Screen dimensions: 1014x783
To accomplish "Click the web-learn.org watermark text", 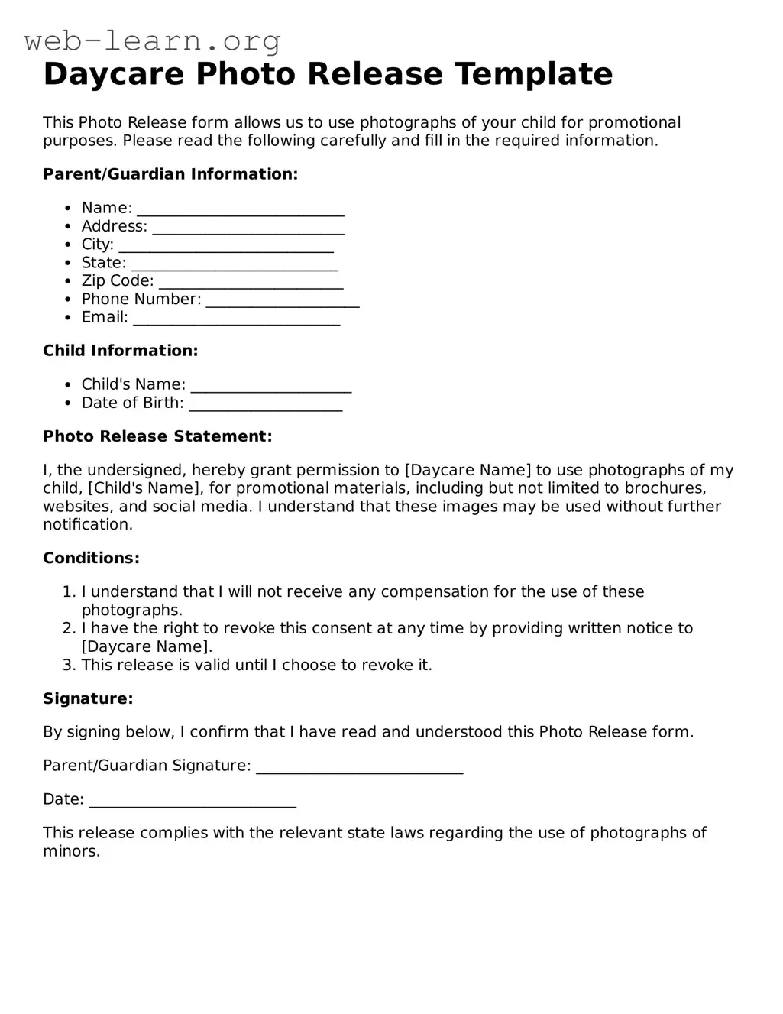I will coord(153,40).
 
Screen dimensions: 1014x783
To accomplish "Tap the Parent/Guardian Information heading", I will coord(170,174).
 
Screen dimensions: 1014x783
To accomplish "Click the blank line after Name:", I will coord(241,209).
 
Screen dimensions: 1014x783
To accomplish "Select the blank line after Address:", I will coord(248,228).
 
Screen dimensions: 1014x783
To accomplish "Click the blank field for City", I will coord(226,246).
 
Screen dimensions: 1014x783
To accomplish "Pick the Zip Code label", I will coord(118,281).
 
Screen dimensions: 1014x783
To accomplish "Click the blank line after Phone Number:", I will coord(283,300).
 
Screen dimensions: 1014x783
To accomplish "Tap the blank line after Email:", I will coord(237,319).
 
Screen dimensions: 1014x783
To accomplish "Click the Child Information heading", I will coord(121,351).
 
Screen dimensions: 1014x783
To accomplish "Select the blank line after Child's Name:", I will coord(271,386).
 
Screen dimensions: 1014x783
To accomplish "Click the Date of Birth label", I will coord(133,403).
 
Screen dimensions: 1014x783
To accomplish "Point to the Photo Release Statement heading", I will coord(157,436).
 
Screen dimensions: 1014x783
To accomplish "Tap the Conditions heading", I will coord(91,558).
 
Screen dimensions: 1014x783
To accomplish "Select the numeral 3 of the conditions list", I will coord(69,665).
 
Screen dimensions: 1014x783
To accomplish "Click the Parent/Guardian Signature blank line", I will coord(359,767).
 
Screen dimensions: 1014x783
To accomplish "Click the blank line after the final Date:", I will coord(193,801).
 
